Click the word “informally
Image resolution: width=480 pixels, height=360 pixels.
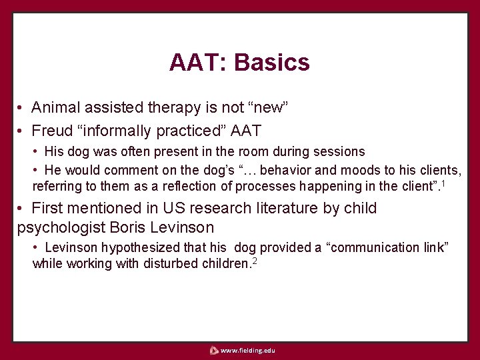117,130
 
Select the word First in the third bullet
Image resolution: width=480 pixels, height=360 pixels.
50,208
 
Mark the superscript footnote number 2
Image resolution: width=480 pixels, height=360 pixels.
255,260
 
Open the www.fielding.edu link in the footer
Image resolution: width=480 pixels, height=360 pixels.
247,351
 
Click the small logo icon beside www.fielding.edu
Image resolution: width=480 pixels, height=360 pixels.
213,351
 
